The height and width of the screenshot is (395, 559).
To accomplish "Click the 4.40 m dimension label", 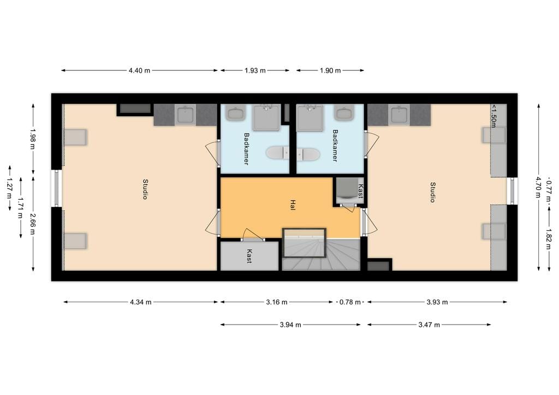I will [139, 70].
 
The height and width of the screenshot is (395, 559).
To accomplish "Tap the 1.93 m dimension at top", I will [254, 70].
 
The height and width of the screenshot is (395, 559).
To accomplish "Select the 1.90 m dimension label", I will [330, 70].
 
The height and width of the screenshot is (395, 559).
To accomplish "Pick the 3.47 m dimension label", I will [429, 325].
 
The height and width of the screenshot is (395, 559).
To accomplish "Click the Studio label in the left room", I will [145, 189].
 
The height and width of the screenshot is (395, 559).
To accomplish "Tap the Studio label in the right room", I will [432, 192].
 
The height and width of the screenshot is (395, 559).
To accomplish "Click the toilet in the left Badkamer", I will [277, 153].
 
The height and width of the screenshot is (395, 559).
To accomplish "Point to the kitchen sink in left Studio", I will [185, 115].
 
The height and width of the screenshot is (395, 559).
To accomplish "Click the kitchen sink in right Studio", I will [399, 115].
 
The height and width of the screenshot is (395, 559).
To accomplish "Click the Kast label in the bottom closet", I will [249, 256].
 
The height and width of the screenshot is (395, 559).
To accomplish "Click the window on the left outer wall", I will [57, 188].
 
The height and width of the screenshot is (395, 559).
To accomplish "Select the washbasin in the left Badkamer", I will [236, 113].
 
